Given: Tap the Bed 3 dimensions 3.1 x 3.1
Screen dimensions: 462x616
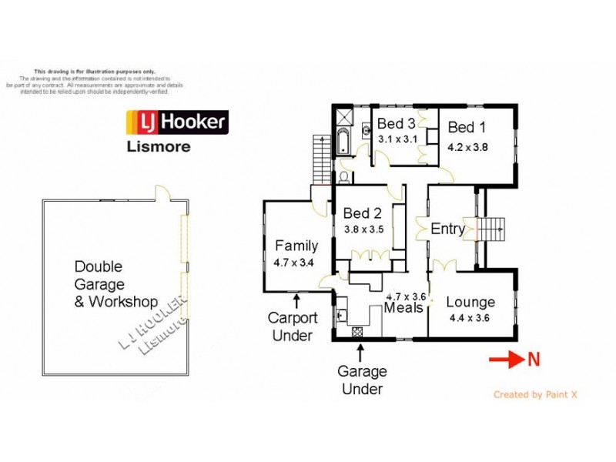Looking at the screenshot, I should pyautogui.click(x=397, y=139).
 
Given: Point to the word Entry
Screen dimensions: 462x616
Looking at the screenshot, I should pyautogui.click(x=447, y=229).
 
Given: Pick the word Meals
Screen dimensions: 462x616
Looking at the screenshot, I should pyautogui.click(x=404, y=308).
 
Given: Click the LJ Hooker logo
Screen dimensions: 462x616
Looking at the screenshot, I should pyautogui.click(x=176, y=122).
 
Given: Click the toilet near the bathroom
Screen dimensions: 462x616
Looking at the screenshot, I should pyautogui.click(x=343, y=176).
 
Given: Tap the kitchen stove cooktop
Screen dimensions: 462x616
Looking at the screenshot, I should pyautogui.click(x=358, y=333).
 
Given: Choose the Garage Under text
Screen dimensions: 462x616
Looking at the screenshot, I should pyautogui.click(x=362, y=380).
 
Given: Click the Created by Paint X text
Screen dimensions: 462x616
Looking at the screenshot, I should pyautogui.click(x=535, y=394).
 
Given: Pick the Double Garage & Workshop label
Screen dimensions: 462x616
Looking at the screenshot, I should pyautogui.click(x=115, y=283).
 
